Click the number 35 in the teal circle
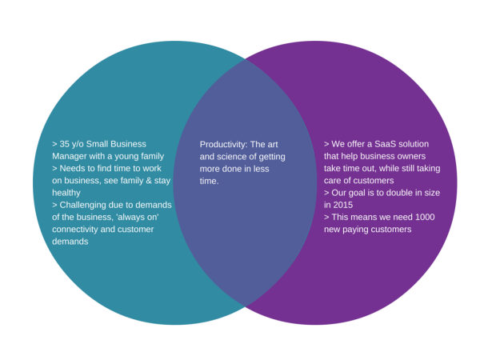pyautogui.click(x=66, y=144)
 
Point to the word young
pyautogui.click(x=130, y=156)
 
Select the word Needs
pyautogui.click(x=72, y=169)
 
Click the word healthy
pyautogui.click(x=66, y=193)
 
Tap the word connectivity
pyautogui.click(x=77, y=230)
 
